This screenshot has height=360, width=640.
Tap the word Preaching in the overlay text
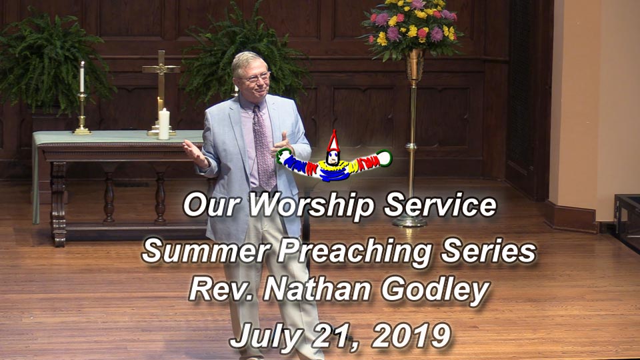[x=355, y=251]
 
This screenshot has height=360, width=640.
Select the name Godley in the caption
[x=435, y=291]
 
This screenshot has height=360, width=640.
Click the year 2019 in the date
[x=411, y=335]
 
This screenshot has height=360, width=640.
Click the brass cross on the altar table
[x=161, y=92]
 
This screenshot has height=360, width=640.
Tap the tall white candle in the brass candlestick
[x=82, y=77]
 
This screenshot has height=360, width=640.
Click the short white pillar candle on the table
[x=164, y=124]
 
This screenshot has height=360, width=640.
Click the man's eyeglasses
[x=255, y=77]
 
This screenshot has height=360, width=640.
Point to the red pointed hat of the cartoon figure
[x=333, y=141]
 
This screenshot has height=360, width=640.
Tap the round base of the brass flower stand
[x=409, y=221]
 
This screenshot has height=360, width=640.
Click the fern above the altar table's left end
[x=51, y=65]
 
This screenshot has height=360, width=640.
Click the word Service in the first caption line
[x=440, y=205]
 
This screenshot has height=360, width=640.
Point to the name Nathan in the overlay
[x=317, y=289]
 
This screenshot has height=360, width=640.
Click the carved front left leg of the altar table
[x=59, y=204]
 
